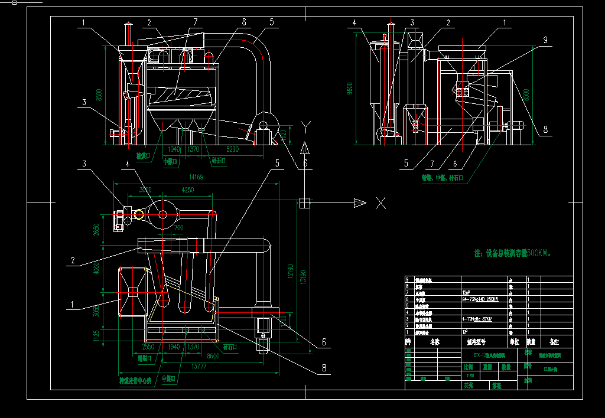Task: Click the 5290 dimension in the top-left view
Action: tap(232, 149)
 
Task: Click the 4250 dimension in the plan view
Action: tap(187, 190)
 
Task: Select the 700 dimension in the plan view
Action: tap(178, 227)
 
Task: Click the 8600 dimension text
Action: tap(213, 355)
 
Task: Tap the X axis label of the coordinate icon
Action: tap(380, 203)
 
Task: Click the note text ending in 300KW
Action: tap(512, 253)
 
